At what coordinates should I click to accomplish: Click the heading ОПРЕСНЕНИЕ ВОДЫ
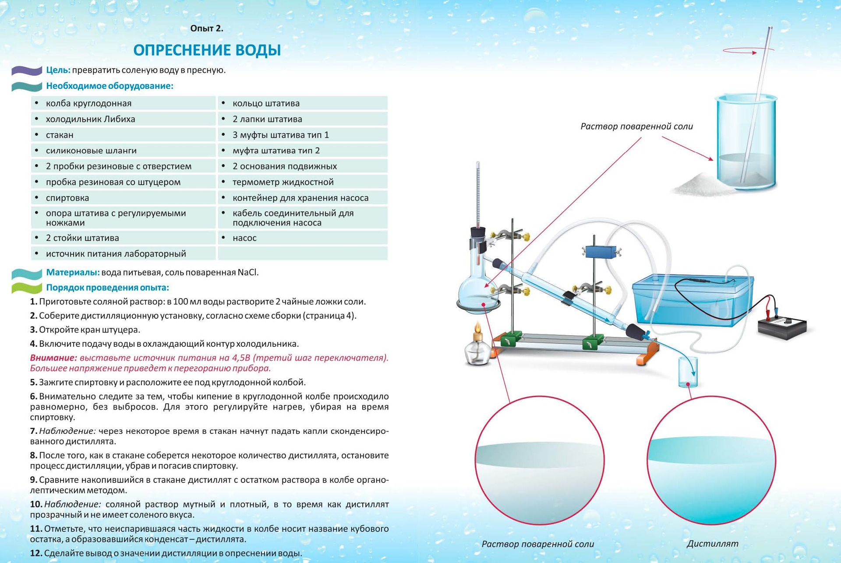coord(207,50)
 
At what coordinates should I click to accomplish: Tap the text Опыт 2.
coord(207,28)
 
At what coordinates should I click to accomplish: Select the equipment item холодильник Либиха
coord(90,119)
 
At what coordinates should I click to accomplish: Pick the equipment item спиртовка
coord(67,198)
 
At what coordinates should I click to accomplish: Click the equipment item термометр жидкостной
coord(283,182)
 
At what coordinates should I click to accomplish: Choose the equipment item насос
coord(244,238)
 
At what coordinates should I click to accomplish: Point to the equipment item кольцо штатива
coord(266,103)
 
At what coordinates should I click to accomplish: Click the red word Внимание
coord(53,358)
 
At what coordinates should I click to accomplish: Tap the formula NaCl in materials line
coord(248,272)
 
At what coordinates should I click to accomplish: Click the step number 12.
coord(36,553)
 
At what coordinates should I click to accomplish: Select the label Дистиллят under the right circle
coord(712,544)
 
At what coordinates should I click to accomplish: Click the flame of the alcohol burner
coord(478,327)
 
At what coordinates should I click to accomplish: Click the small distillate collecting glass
coord(688,372)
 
